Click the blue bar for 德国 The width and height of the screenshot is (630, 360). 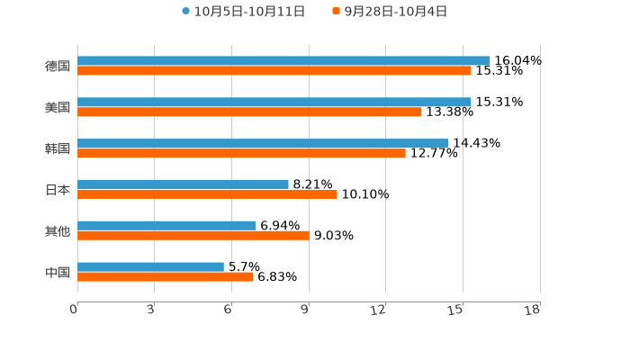pos(283,60)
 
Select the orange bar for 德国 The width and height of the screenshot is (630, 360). pos(274,70)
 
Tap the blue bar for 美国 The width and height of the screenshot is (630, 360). pos(274,102)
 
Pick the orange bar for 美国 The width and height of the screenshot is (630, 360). pos(249,112)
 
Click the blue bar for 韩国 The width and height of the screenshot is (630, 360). pos(263,143)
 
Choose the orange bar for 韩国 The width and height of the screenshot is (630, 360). pos(241,153)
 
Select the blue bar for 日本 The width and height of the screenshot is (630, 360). pos(183,184)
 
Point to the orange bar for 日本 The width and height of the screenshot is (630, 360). pos(207,193)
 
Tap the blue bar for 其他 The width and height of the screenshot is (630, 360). pos(166,225)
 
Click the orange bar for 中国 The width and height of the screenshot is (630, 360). pos(166,276)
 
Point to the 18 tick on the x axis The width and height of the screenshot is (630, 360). pos(533,310)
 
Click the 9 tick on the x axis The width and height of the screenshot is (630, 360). pos(304,310)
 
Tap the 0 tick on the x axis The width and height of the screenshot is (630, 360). pos(74,310)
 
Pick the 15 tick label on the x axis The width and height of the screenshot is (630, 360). pos(456,310)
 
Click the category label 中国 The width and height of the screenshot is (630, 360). pos(58,272)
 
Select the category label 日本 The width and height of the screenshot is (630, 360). pos(58,189)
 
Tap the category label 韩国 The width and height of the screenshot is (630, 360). pos(58,148)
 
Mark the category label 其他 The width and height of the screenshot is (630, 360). pos(58,230)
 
